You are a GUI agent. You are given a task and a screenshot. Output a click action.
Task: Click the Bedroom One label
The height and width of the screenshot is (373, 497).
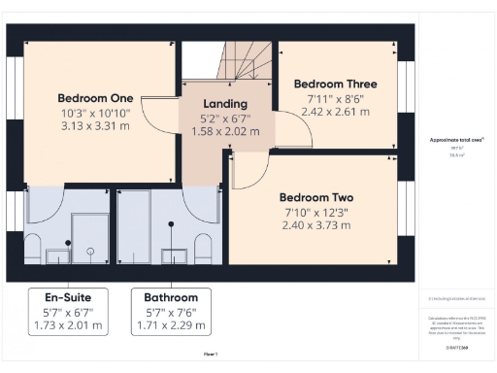(x=95, y=97)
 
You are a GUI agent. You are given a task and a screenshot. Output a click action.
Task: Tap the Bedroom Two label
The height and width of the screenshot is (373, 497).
(x=317, y=195)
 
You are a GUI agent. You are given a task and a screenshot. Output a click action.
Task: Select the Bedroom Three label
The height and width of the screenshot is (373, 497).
(x=335, y=84)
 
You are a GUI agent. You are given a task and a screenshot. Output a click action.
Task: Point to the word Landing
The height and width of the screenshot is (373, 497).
(x=225, y=104)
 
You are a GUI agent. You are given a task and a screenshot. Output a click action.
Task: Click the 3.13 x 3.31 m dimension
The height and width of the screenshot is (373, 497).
(x=95, y=125)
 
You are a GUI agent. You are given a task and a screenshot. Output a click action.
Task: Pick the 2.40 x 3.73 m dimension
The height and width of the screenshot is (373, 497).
(x=317, y=225)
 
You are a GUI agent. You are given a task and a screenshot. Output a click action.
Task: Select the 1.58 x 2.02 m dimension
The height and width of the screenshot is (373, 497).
(x=225, y=131)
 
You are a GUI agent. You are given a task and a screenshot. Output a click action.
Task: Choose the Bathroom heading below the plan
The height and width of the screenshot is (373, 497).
(x=171, y=297)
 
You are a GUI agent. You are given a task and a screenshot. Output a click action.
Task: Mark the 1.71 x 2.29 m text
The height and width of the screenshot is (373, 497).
(x=171, y=325)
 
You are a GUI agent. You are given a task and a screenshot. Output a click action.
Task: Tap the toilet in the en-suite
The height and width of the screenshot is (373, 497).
(x=33, y=247)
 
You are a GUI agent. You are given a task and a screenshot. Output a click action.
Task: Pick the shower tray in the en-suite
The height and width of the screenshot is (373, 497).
(x=91, y=238)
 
